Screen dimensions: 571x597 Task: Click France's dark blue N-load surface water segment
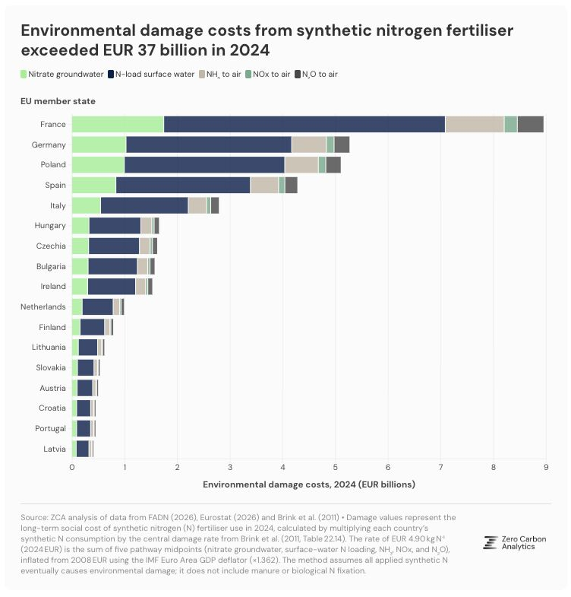pyautogui.click(x=304, y=124)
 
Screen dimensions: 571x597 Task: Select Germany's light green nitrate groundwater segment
pyautogui.click(x=99, y=144)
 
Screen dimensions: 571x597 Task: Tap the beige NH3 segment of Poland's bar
pyautogui.click(x=301, y=165)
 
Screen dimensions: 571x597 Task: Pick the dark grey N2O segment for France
pyautogui.click(x=530, y=124)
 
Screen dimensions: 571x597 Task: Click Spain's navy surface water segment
pyautogui.click(x=183, y=185)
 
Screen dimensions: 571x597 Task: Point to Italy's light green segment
pyautogui.click(x=87, y=205)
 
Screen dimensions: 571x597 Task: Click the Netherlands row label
pyautogui.click(x=43, y=307)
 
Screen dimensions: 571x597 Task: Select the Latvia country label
pyautogui.click(x=55, y=449)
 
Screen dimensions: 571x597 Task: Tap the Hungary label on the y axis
pyautogui.click(x=50, y=226)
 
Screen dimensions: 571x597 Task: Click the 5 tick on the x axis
pyautogui.click(x=336, y=467)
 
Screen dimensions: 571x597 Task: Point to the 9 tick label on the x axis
pyautogui.click(x=546, y=467)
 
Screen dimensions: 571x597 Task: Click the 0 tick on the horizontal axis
pyautogui.click(x=72, y=467)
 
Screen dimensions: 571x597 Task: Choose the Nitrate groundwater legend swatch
pyautogui.click(x=24, y=75)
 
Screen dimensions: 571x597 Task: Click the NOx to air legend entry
pyautogui.click(x=267, y=75)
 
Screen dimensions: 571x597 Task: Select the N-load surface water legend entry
pyautogui.click(x=151, y=75)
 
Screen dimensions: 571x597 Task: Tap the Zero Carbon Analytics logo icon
pyautogui.click(x=491, y=542)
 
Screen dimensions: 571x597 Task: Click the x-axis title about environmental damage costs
pyautogui.click(x=309, y=484)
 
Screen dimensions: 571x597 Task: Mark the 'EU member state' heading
pyautogui.click(x=58, y=101)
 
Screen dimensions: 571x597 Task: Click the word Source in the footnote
pyautogui.click(x=34, y=517)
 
